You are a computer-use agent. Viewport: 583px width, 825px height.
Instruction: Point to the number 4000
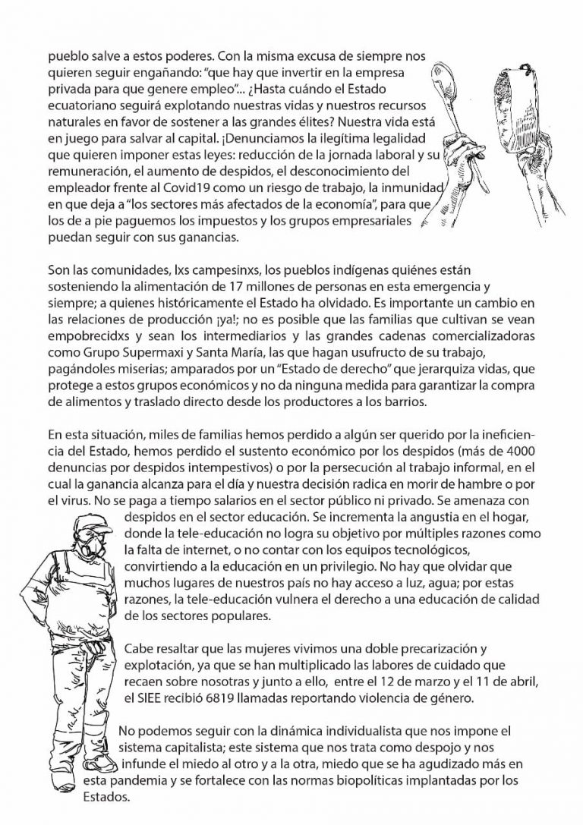tap(532, 465)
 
